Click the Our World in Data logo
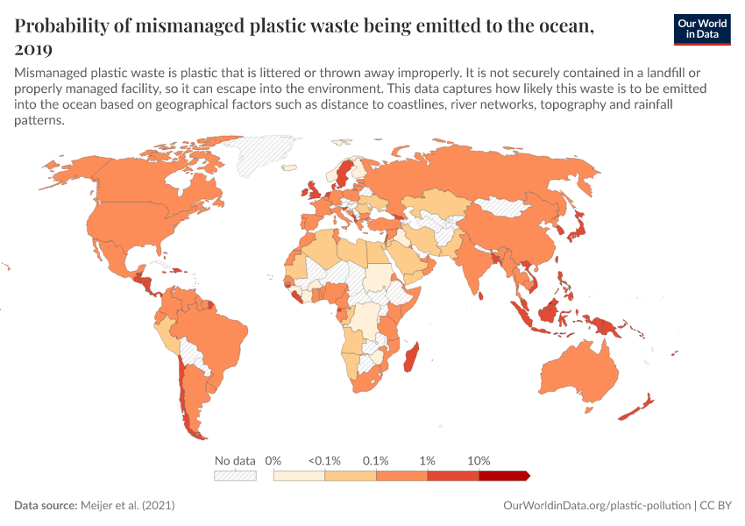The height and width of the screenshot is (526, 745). (701, 28)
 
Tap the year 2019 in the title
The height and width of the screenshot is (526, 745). (33, 49)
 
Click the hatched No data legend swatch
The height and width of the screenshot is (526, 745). (235, 475)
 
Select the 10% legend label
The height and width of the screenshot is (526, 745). (479, 460)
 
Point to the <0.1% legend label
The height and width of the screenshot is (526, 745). (324, 460)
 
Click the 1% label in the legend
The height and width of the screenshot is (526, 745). (428, 460)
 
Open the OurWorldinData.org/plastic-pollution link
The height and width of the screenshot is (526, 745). (596, 506)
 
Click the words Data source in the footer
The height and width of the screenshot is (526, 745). (46, 506)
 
